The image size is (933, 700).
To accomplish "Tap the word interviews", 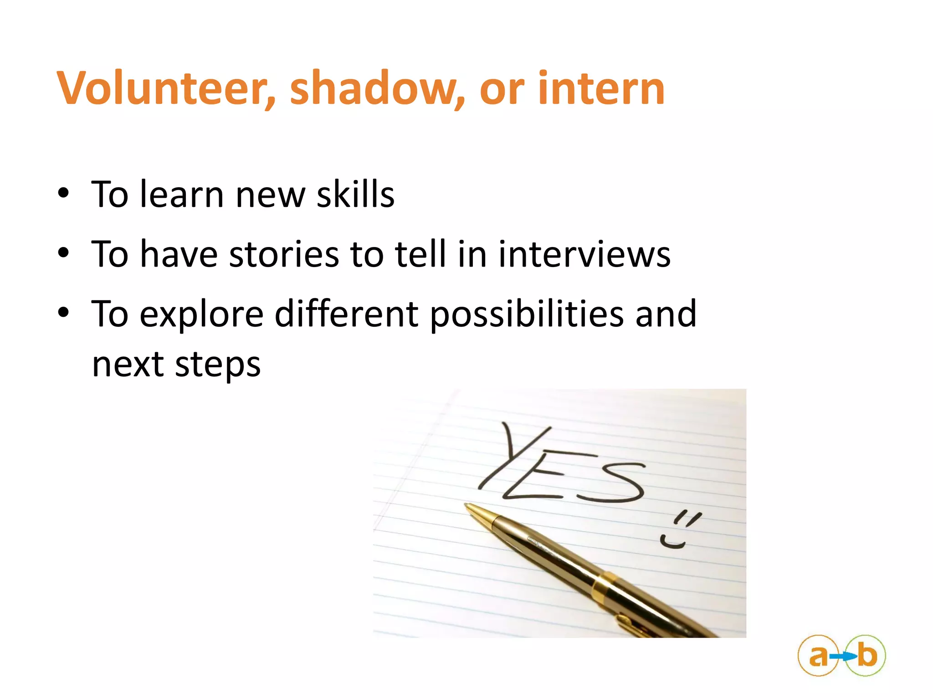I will click(x=584, y=254).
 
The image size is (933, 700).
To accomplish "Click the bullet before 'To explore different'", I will click(x=63, y=313).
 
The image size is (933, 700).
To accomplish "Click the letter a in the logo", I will click(x=818, y=656).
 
